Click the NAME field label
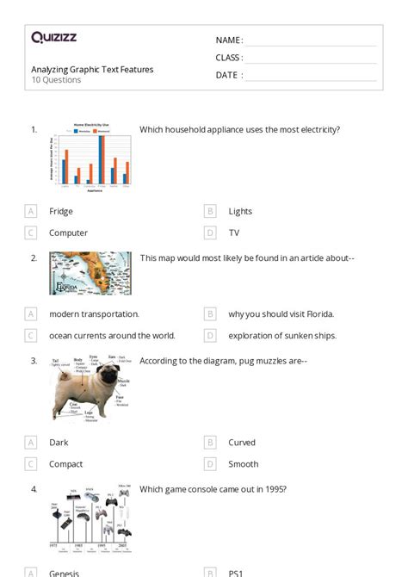tap(229, 40)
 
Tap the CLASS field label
tap(229, 58)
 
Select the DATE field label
tap(228, 75)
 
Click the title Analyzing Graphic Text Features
tap(92, 69)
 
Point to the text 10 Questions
tap(56, 80)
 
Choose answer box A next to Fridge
tap(31, 211)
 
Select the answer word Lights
tap(240, 211)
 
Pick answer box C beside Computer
tap(31, 233)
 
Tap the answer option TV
tap(234, 233)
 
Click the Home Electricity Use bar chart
tap(90, 156)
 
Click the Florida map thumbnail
tap(90, 274)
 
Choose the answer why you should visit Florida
tap(281, 314)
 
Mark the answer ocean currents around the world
tap(112, 336)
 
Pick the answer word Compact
tap(66, 464)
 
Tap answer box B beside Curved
tap(210, 443)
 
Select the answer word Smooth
tap(244, 464)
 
